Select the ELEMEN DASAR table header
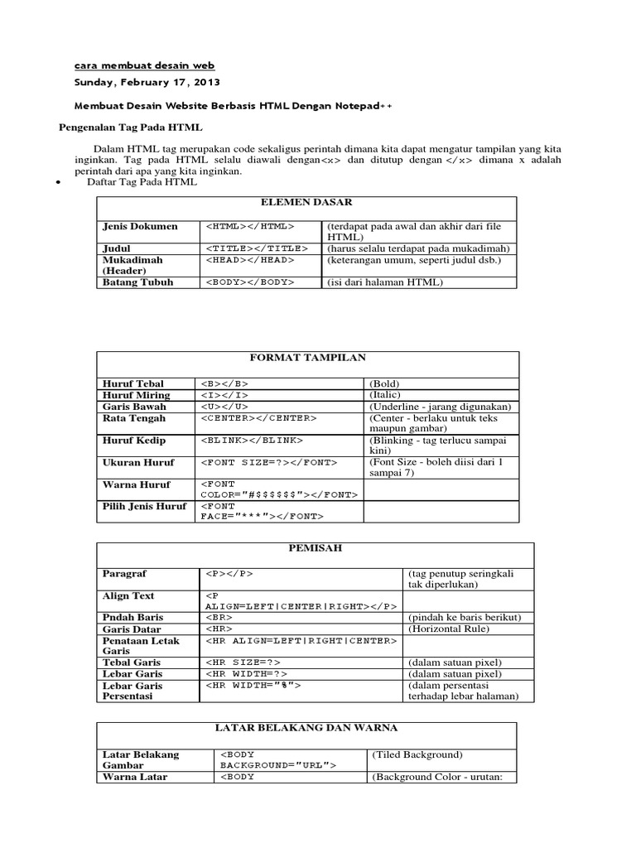pos(306,202)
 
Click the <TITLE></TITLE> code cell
pos(256,248)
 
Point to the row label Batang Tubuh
pos(138,282)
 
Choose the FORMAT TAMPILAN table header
pos(307,357)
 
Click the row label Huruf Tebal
pos(133,383)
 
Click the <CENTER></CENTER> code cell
pos(258,418)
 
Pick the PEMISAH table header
pos(315,549)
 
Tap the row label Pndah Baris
pos(132,618)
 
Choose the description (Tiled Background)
pos(417,754)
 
